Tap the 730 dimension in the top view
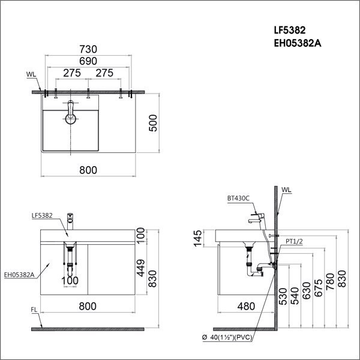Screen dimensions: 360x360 pyautogui.click(x=88, y=50)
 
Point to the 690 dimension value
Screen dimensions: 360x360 pyautogui.click(x=88, y=62)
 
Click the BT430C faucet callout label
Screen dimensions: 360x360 pyautogui.click(x=238, y=198)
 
